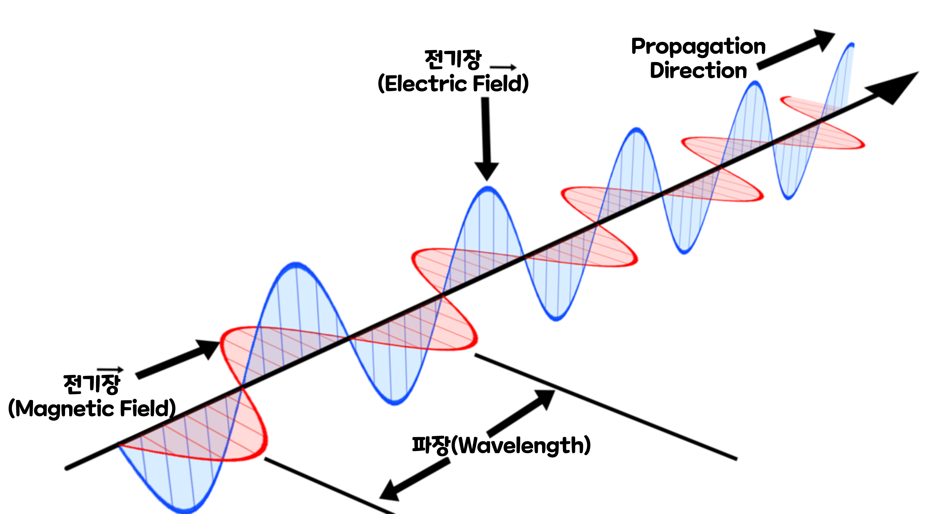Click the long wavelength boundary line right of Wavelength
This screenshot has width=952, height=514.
pyautogui.click(x=606, y=407)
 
